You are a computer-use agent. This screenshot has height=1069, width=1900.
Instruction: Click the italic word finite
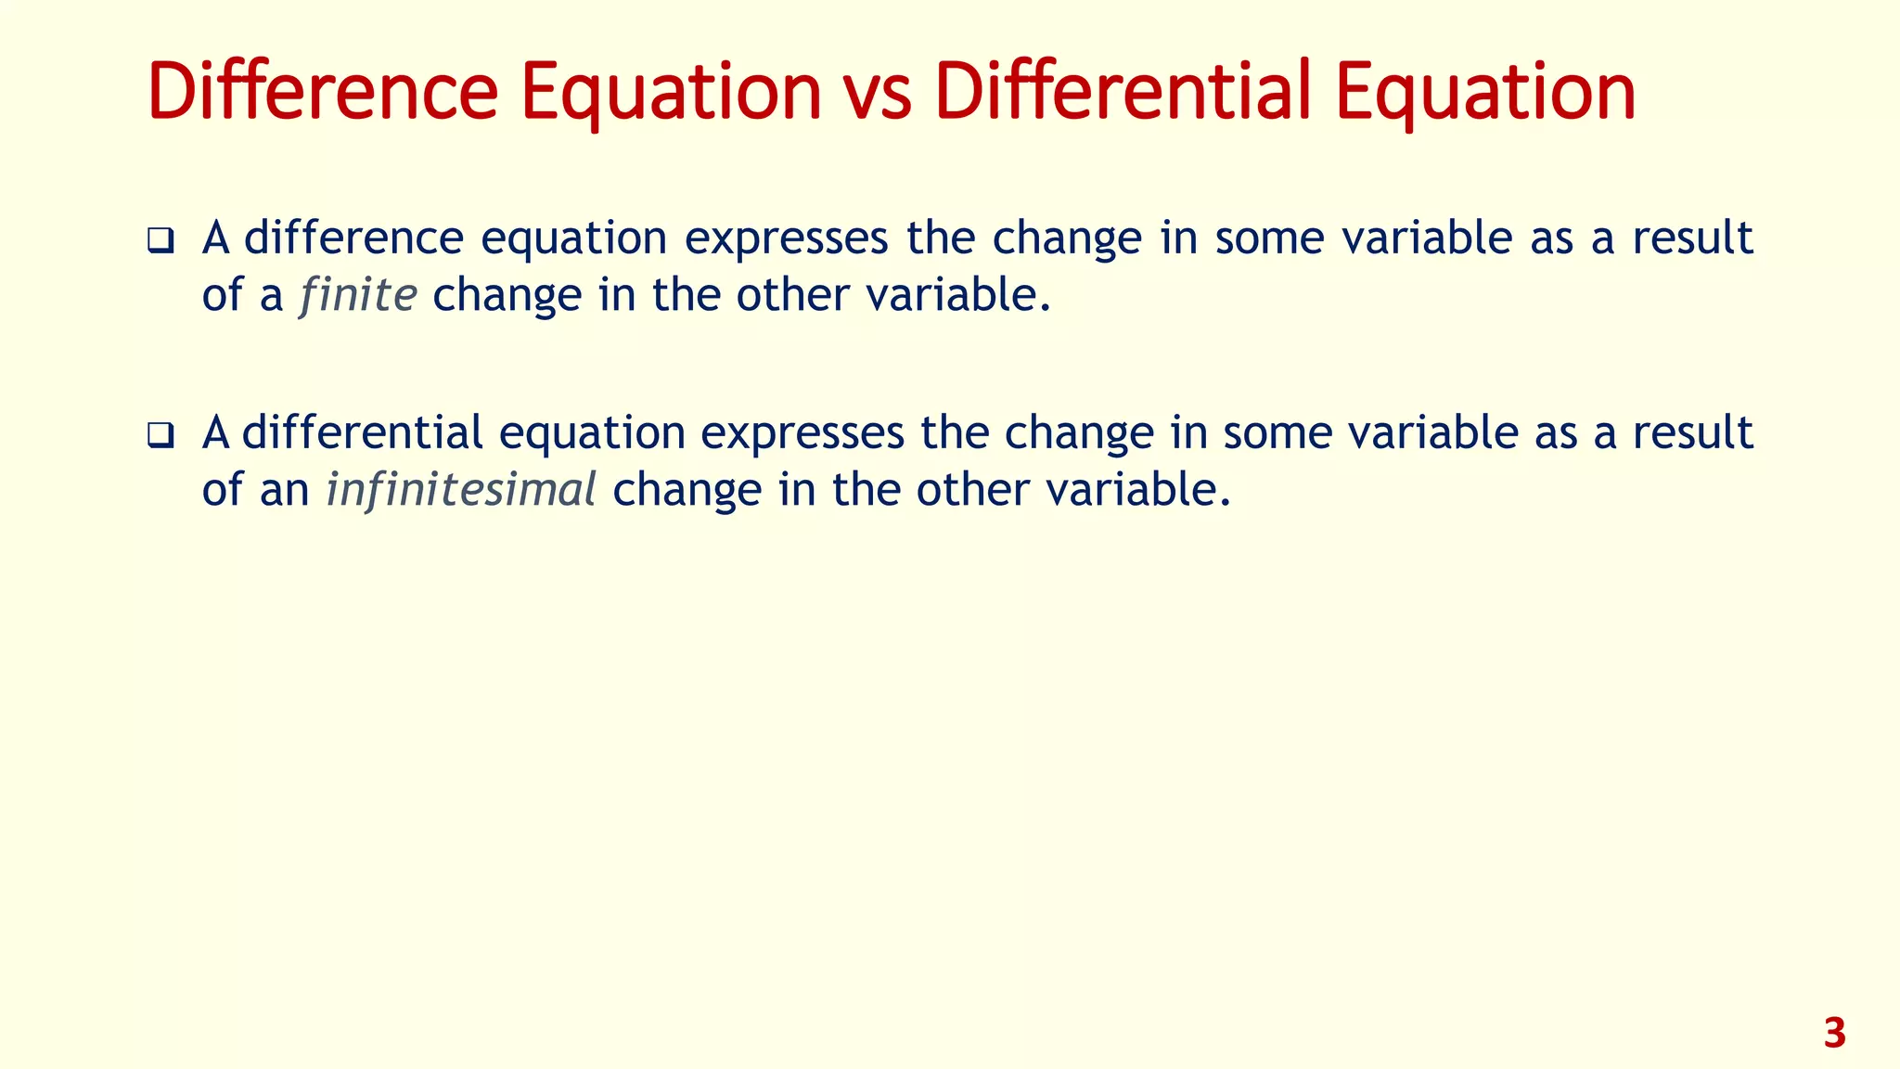pyautogui.click(x=358, y=295)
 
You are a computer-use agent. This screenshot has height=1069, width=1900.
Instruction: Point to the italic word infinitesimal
pyautogui.click(x=461, y=490)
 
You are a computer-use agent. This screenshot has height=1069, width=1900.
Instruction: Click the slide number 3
pyautogui.click(x=1834, y=1034)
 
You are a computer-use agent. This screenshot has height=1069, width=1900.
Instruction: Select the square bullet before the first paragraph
pyautogui.click(x=160, y=241)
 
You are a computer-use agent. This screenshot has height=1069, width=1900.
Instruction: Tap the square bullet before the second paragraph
pyautogui.click(x=160, y=435)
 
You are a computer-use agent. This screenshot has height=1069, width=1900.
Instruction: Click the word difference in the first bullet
pyautogui.click(x=353, y=238)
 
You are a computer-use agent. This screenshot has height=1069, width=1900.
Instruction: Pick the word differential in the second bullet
pyautogui.click(x=363, y=432)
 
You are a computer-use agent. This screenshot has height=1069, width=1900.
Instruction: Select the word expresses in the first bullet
pyautogui.click(x=787, y=238)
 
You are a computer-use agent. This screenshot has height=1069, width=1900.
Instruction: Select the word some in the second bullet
pyautogui.click(x=1277, y=432)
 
